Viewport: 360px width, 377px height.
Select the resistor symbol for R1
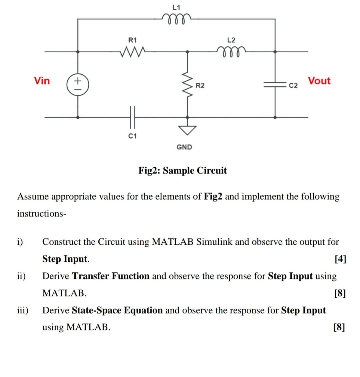coord(132,52)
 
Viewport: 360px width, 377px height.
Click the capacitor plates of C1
coord(132,117)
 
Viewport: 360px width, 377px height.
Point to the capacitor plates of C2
coord(275,85)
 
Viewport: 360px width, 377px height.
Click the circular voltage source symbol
coord(78,85)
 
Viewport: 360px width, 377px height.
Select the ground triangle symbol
coord(187,130)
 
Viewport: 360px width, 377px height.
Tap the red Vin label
coord(42,81)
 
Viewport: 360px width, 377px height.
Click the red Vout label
coord(319,81)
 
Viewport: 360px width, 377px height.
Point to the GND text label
coord(184,147)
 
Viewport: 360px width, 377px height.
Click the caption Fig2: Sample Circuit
coord(182,171)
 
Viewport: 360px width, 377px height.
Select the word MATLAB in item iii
coord(88,327)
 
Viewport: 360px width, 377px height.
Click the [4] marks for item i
coord(340,259)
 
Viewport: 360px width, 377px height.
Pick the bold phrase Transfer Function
coord(111,276)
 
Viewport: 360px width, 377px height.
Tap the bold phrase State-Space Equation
coord(117,310)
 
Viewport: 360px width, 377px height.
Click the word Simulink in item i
coord(214,242)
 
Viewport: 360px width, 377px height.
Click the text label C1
coord(132,136)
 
